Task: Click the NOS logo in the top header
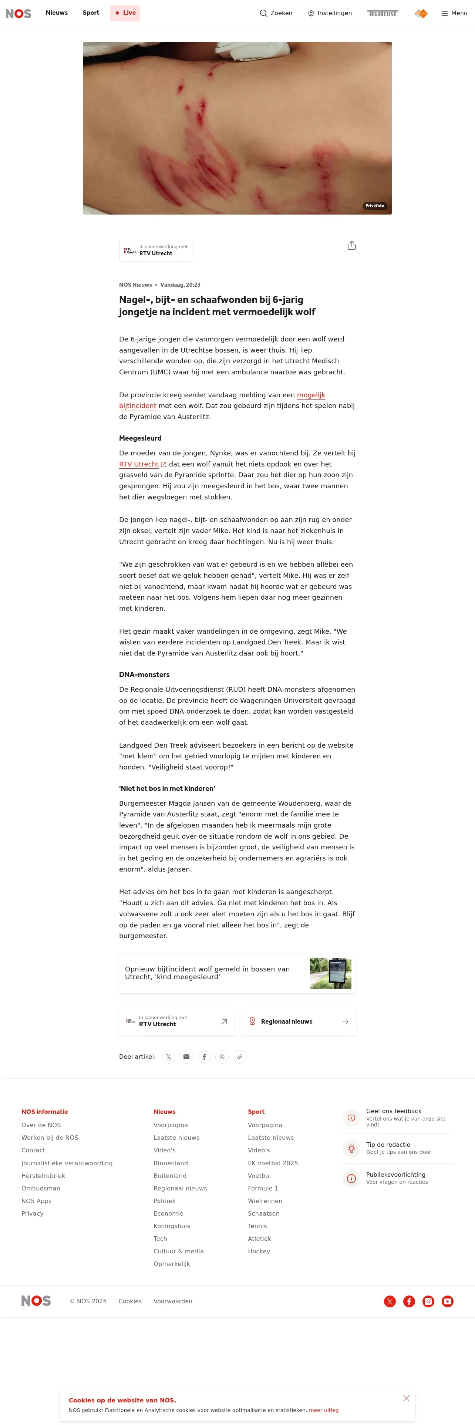click(x=18, y=13)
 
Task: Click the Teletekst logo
click(x=382, y=13)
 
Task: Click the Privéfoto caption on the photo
click(x=374, y=206)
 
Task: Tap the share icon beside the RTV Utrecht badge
click(x=352, y=246)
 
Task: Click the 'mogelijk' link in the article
click(x=311, y=395)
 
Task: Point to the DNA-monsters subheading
click(x=144, y=675)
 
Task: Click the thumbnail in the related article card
click(x=331, y=973)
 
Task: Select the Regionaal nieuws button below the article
click(x=298, y=1022)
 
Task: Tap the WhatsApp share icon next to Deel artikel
click(x=222, y=1057)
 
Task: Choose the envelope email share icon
click(x=186, y=1057)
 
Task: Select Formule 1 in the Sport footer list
click(x=263, y=1188)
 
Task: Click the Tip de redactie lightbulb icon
click(x=351, y=1149)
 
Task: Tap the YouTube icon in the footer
click(x=447, y=1301)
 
